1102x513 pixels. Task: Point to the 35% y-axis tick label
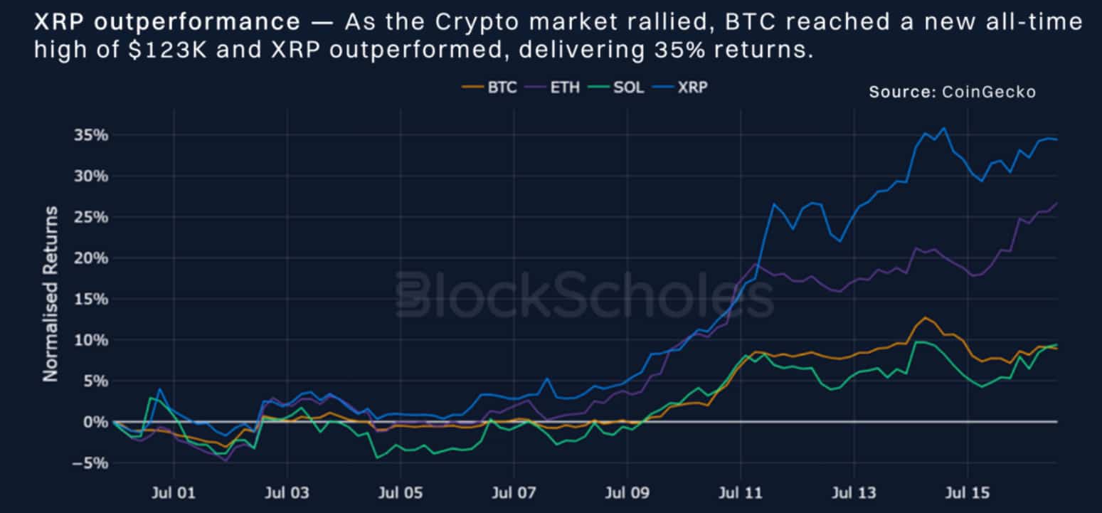point(91,135)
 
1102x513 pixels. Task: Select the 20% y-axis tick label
point(91,258)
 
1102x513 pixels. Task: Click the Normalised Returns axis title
point(50,294)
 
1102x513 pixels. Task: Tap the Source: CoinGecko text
point(952,92)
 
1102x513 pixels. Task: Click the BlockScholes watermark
point(583,294)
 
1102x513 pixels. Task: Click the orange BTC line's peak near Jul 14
point(925,317)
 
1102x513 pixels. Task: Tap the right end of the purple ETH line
point(1056,203)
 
